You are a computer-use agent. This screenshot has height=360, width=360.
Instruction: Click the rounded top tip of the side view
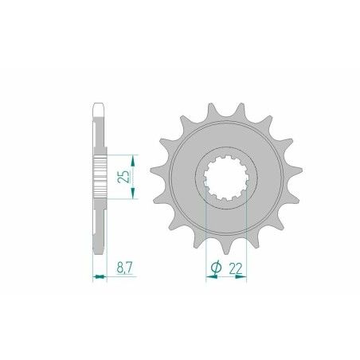pyautogui.click(x=100, y=105)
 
